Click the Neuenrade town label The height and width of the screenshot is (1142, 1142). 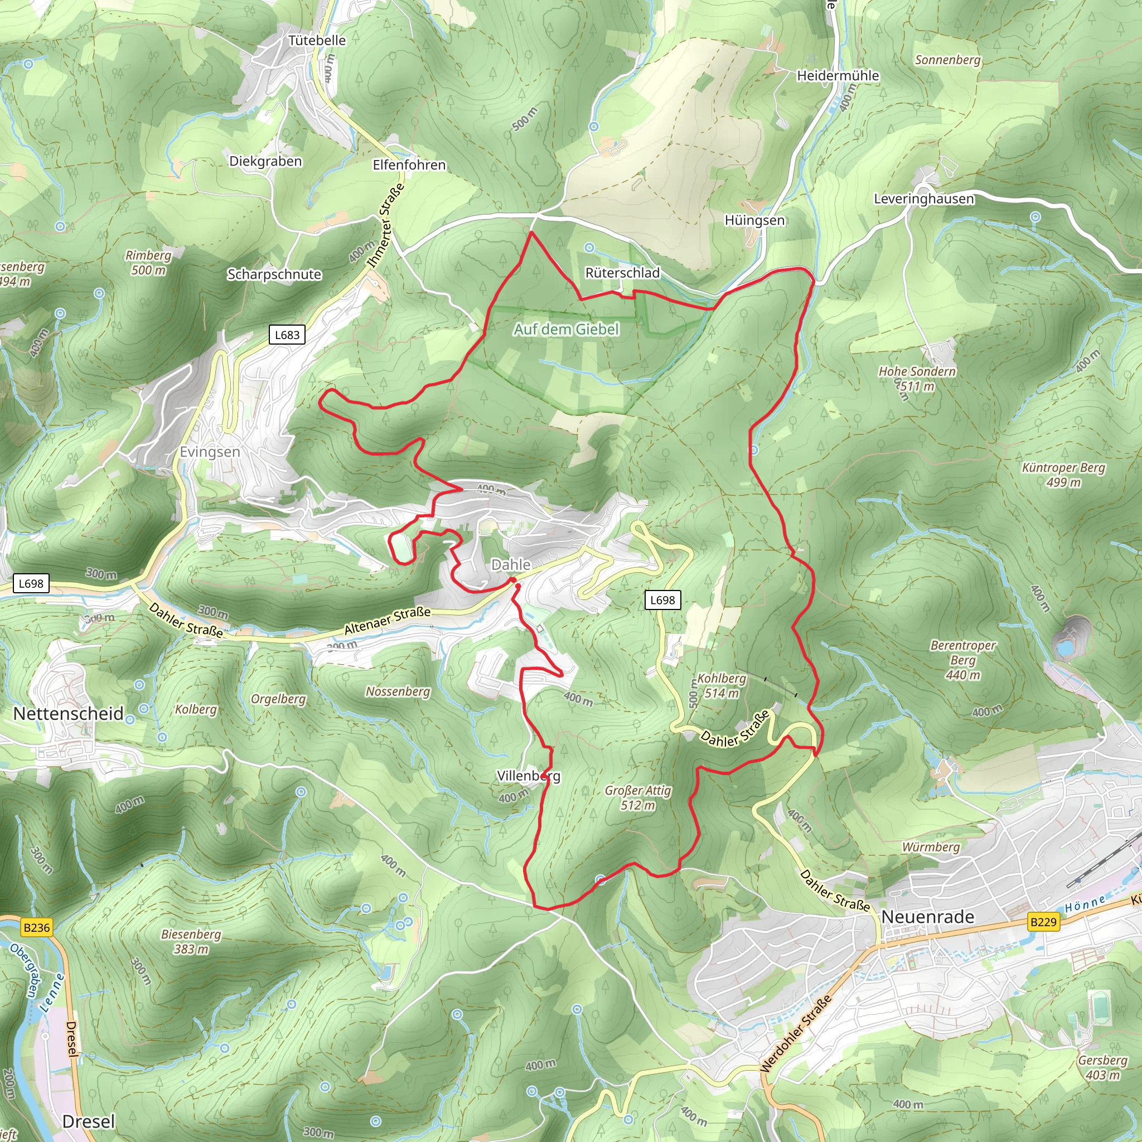(x=927, y=917)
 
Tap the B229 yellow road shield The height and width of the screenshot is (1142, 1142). (x=1043, y=922)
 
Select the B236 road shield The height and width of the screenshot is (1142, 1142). (x=37, y=927)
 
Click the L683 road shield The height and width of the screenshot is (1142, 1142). (x=287, y=335)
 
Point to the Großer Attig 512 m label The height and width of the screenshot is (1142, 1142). (x=638, y=797)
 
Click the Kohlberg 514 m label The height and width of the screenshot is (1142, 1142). (x=721, y=686)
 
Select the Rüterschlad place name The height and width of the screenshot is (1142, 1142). (x=622, y=273)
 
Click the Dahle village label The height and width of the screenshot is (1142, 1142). (x=511, y=564)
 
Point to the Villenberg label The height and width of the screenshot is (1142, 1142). (x=529, y=776)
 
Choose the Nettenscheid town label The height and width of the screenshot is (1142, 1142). (x=69, y=713)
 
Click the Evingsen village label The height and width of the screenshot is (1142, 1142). (x=210, y=452)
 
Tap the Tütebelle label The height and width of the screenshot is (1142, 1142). (x=317, y=40)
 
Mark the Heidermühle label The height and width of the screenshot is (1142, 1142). (x=838, y=76)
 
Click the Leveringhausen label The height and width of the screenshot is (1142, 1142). (x=924, y=199)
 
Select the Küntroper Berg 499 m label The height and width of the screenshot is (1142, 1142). (x=1063, y=475)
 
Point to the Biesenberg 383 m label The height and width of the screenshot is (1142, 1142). (x=191, y=942)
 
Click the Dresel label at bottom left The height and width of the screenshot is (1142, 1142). (x=89, y=1121)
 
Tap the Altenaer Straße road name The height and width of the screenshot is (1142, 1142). (x=387, y=621)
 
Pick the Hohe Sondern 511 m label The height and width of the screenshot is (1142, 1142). (x=917, y=379)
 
